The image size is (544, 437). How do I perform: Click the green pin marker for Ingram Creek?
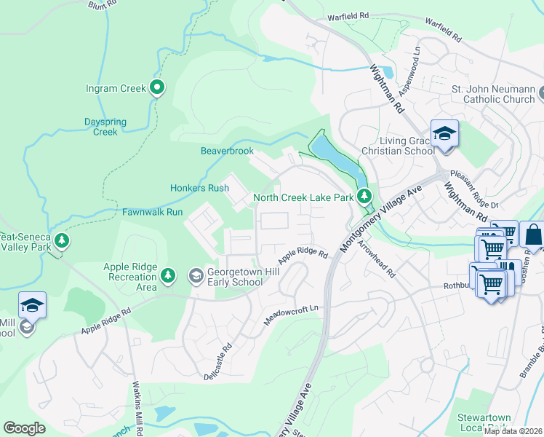pos(157,88)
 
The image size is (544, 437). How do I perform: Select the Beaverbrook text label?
pos(227,151)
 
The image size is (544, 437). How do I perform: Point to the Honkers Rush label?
pos(199,188)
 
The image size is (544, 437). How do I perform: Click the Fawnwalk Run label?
pos(152,212)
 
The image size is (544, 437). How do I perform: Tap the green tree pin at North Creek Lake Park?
pos(364,196)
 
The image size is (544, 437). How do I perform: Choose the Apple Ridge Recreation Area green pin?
pos(168,275)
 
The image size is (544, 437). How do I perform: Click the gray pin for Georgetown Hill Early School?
pos(196,275)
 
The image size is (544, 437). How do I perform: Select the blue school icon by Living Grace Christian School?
pos(444,134)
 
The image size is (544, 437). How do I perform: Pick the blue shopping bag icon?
pos(533,237)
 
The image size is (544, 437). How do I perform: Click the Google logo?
pos(24,428)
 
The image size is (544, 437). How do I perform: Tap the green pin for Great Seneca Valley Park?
pos(63,241)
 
